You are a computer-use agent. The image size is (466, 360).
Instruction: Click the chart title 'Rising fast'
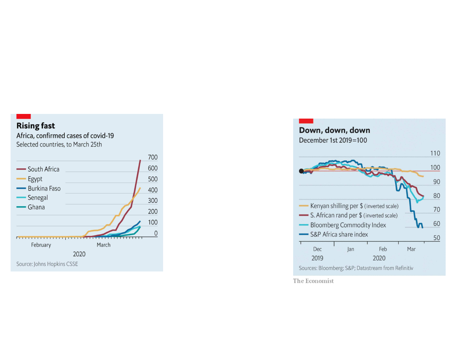click(x=36, y=126)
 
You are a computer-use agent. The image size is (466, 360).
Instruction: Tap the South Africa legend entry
click(x=43, y=169)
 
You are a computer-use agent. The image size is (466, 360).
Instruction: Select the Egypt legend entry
click(x=35, y=179)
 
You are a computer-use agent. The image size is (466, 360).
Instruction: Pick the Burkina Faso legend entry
click(x=44, y=188)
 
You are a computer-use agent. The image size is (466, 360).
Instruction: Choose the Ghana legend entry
click(x=36, y=207)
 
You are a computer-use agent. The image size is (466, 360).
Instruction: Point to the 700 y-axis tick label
click(x=153, y=158)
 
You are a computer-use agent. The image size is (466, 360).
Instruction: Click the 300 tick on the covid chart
click(x=153, y=201)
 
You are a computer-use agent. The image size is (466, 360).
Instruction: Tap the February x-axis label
click(x=41, y=245)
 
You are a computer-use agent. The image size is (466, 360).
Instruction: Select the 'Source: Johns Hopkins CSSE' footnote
click(x=47, y=264)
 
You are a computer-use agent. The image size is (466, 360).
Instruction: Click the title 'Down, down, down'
click(x=335, y=130)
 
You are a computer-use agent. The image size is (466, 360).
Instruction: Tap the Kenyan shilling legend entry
click(x=354, y=206)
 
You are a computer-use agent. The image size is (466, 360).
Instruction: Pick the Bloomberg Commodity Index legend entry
click(x=348, y=225)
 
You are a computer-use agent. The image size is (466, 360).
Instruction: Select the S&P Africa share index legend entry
click(x=339, y=235)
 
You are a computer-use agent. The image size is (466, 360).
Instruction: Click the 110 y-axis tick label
click(x=435, y=153)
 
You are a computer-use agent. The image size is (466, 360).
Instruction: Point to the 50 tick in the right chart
click(x=436, y=238)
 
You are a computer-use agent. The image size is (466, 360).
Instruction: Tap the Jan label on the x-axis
click(x=351, y=249)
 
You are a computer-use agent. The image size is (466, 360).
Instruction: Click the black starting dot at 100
click(x=301, y=171)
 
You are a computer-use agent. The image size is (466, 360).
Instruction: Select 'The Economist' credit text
click(x=313, y=281)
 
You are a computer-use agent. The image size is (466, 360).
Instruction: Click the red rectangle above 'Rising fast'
click(x=23, y=116)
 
